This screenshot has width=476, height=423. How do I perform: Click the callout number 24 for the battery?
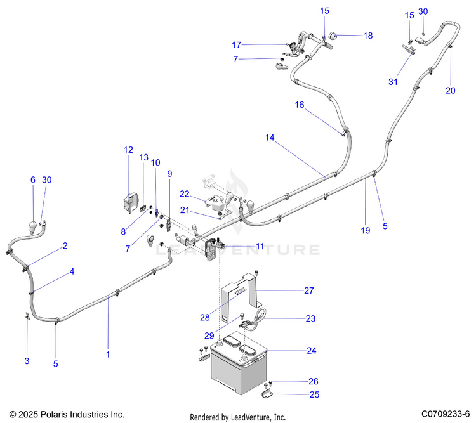(x=311, y=351)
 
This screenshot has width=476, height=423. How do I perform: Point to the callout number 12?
(x=128, y=150)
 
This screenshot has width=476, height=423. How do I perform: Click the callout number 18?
(x=368, y=36)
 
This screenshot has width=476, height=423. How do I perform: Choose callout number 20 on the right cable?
(x=450, y=91)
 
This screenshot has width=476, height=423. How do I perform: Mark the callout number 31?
(x=393, y=81)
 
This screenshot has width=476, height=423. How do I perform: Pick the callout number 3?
(x=27, y=361)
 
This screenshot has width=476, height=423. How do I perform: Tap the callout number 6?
(x=33, y=180)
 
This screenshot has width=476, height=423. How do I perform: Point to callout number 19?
(x=366, y=231)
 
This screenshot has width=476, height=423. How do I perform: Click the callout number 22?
(x=184, y=193)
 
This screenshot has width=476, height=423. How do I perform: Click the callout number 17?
(x=236, y=45)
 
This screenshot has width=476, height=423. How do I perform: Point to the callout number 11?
(x=260, y=245)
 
